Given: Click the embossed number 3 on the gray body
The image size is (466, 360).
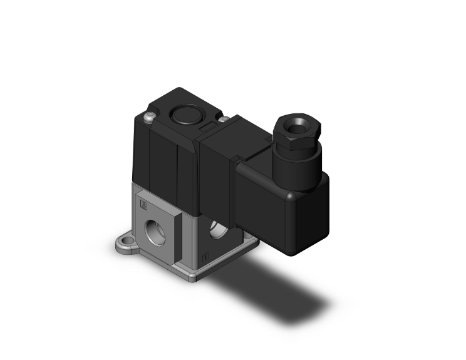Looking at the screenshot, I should pyautogui.click(x=144, y=205).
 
